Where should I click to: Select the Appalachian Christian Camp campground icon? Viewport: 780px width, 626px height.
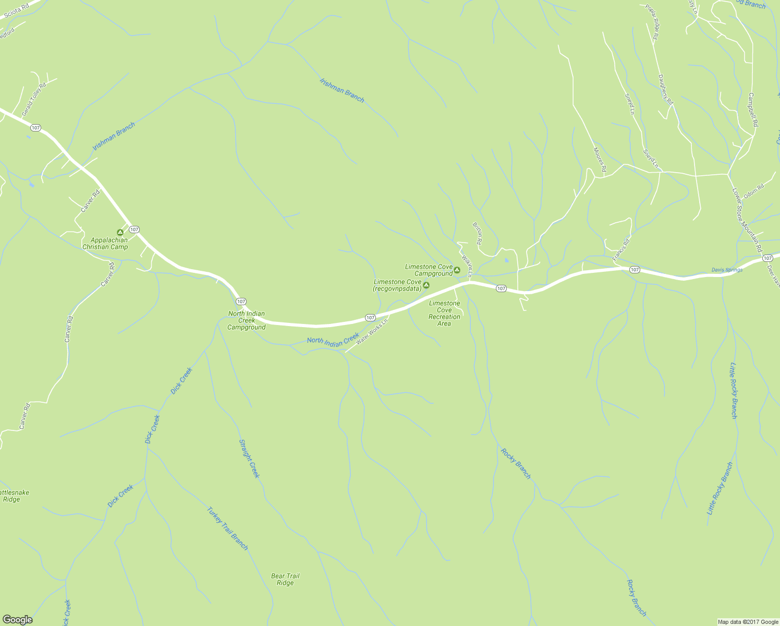(120, 232)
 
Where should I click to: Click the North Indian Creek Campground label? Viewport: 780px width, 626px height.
(247, 321)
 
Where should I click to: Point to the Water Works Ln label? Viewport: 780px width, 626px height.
(372, 332)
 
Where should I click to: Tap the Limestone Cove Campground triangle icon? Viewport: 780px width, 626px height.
(457, 270)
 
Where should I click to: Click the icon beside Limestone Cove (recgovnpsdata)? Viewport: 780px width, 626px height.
(426, 285)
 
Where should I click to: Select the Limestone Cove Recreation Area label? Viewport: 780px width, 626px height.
(444, 313)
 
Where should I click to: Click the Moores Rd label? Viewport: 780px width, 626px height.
(600, 159)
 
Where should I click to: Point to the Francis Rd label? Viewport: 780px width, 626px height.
(621, 249)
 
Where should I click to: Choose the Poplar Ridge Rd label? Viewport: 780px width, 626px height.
(653, 22)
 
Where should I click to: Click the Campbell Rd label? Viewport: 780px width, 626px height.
(753, 110)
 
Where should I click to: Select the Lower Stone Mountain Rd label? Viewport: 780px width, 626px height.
(747, 220)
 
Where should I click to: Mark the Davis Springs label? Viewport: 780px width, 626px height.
(727, 270)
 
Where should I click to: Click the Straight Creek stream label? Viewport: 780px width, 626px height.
(249, 459)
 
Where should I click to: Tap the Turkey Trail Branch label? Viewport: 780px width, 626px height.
(227, 528)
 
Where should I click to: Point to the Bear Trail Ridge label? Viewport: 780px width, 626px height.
(285, 580)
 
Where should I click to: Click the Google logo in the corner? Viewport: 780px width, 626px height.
(17, 619)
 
